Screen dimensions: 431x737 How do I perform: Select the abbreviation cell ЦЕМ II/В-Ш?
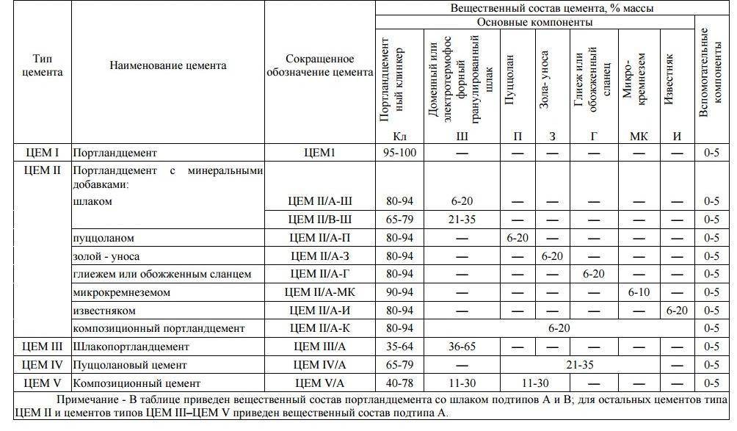(320, 220)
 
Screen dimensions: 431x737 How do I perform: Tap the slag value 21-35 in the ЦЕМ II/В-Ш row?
(462, 220)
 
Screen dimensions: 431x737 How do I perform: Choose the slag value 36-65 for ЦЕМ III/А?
(462, 347)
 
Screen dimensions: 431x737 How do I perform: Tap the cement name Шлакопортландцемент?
(131, 347)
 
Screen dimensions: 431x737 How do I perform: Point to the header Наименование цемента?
(168, 65)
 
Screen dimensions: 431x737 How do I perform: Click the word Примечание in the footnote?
(88, 399)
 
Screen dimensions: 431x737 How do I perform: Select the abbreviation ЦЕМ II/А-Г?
(320, 274)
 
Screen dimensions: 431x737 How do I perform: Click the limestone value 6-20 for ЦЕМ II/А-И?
(676, 311)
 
